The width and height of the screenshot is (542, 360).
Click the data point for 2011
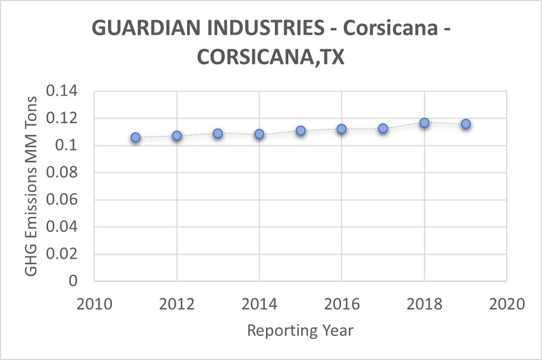pos(135,137)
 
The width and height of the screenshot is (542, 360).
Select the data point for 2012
pos(177,135)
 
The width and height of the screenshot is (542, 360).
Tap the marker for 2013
pos(218,133)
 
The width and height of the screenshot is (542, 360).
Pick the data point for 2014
pos(259,134)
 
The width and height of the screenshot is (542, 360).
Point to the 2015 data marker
pos(301,130)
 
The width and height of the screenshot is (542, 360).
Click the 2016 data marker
pos(342,129)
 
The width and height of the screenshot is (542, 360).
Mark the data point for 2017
pos(383,128)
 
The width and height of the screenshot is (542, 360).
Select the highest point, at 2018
pos(424,122)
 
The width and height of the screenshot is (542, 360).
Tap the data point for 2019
pos(466,124)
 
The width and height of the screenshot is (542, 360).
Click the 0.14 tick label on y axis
pos(64,91)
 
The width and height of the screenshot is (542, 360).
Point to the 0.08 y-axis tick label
pos(64,173)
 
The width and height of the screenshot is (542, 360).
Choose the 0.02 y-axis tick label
pos(64,255)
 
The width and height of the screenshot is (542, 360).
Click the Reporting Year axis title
pos(300,330)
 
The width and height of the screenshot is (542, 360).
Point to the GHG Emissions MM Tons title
pos(31,186)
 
